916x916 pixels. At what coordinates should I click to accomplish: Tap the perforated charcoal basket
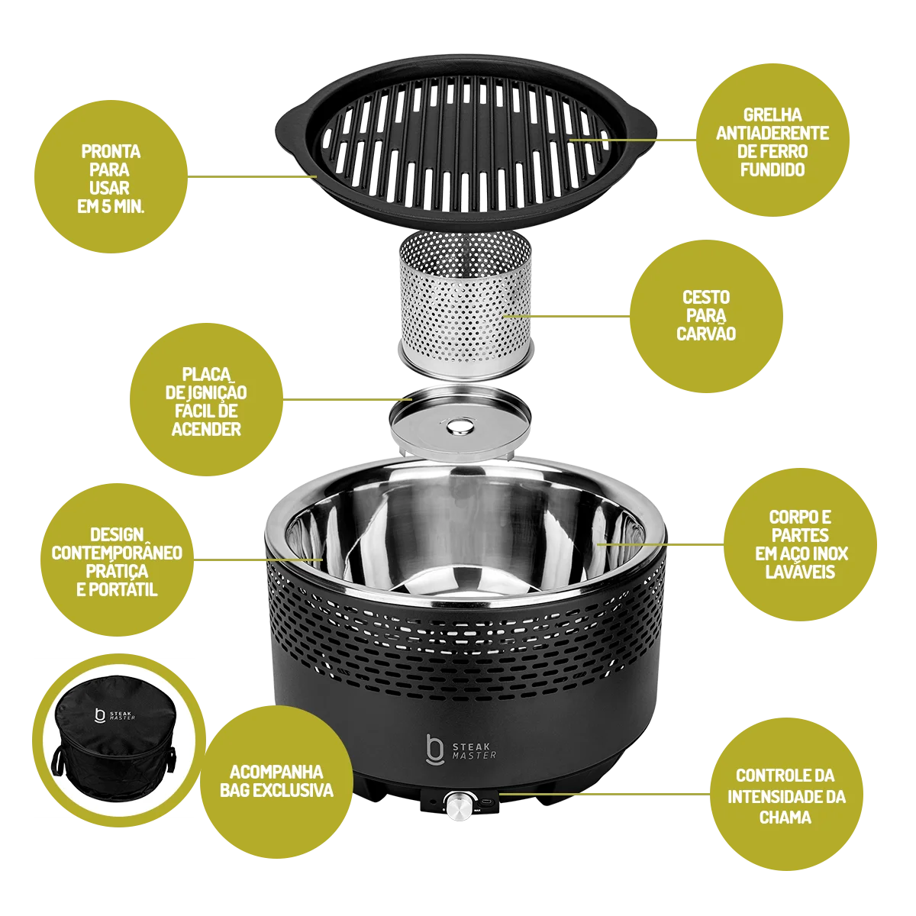pos(466,306)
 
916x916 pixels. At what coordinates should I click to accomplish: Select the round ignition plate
pos(460,423)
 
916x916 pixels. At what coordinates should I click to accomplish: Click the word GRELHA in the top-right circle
pos(772,115)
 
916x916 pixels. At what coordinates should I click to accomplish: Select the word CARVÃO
pos(706,334)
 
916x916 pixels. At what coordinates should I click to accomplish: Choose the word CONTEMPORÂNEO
pos(117,553)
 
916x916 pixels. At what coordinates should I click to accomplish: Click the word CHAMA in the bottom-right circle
pos(785,817)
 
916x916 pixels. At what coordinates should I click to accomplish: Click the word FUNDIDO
pos(772,169)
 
